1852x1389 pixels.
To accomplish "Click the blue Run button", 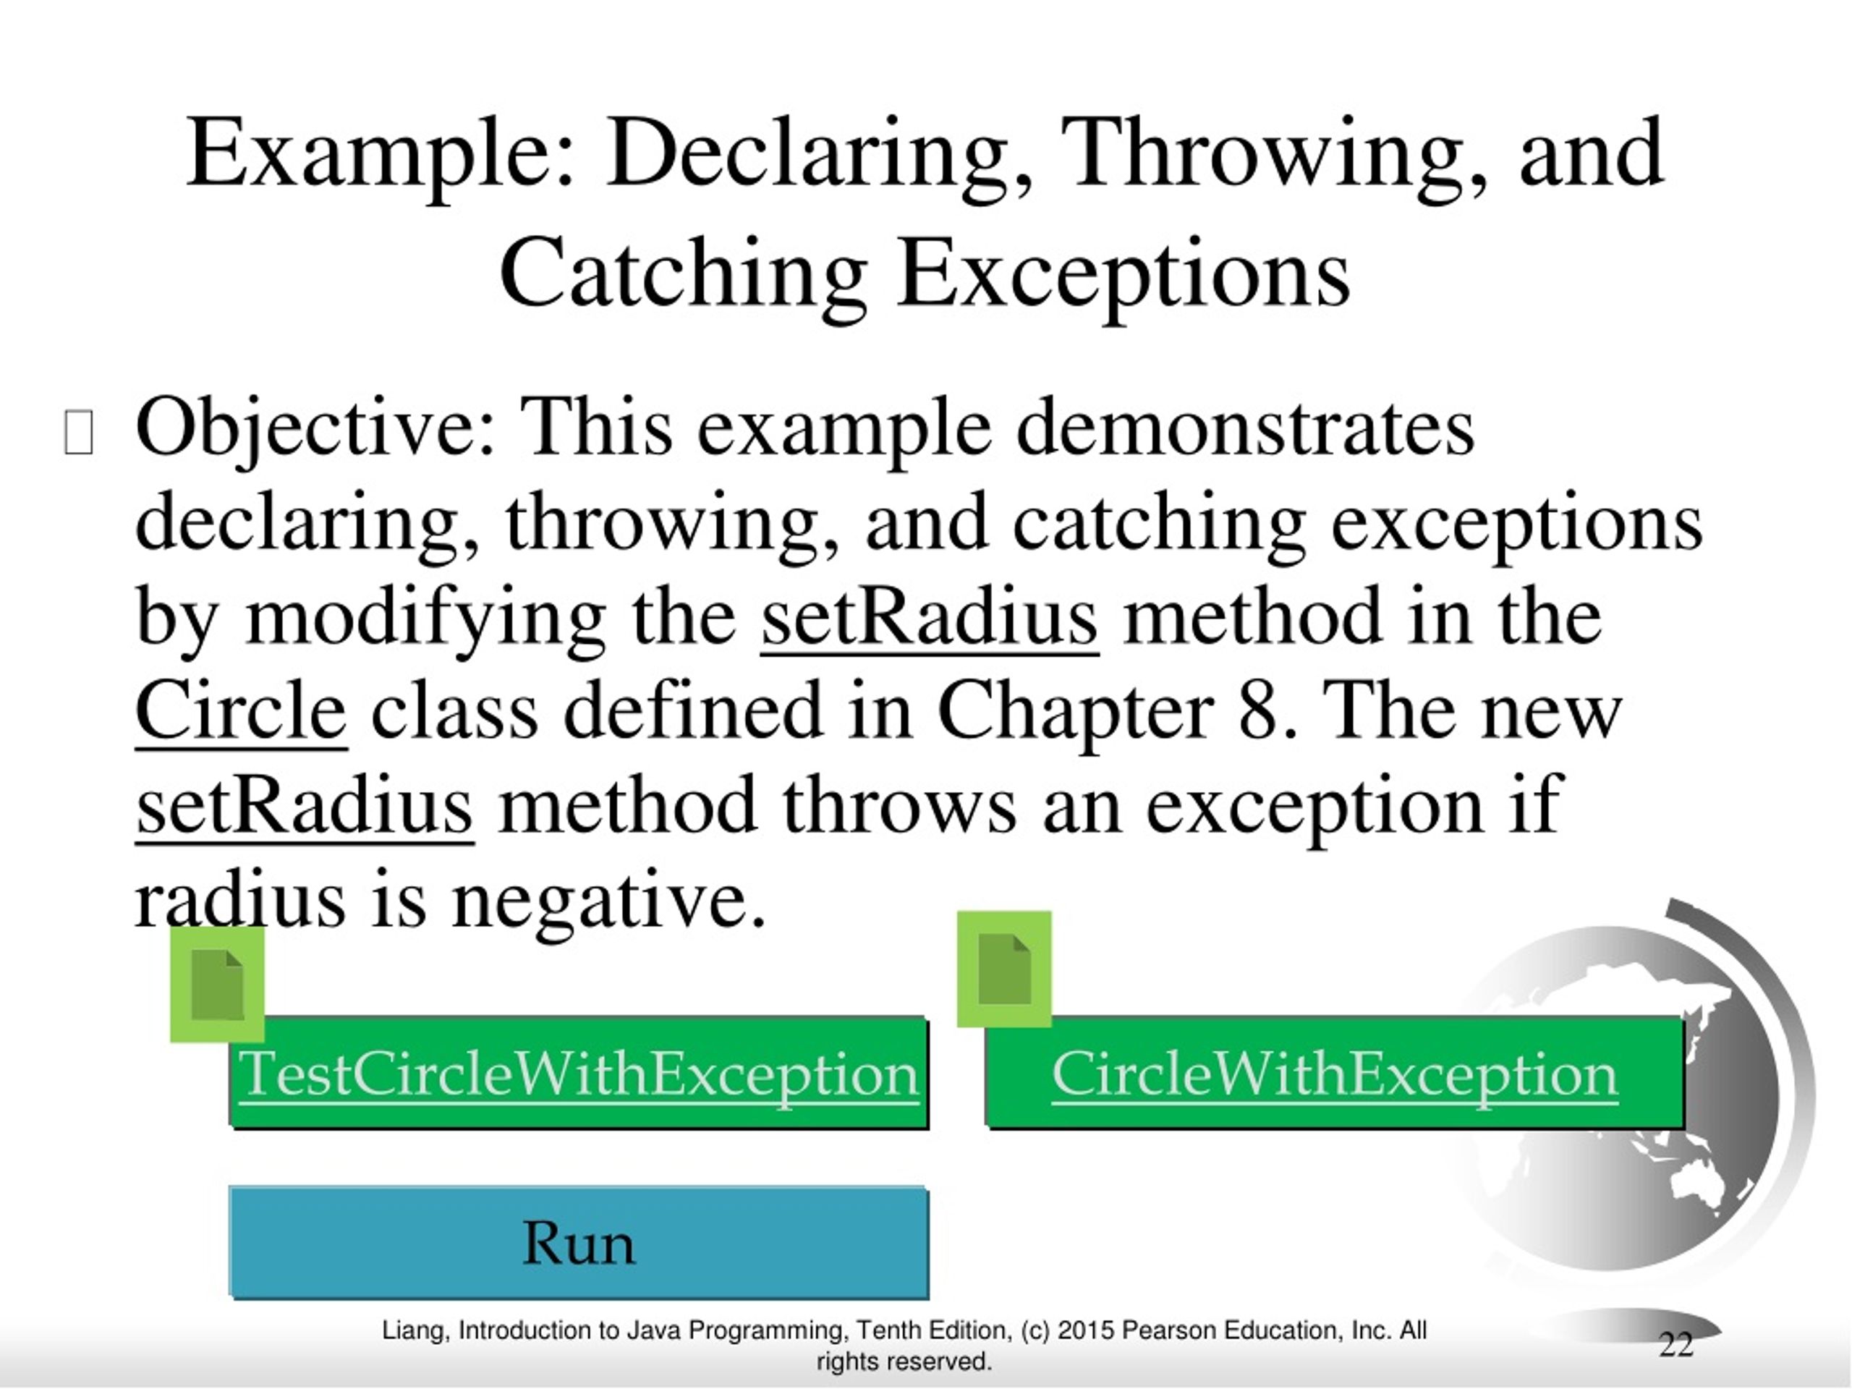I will point(578,1241).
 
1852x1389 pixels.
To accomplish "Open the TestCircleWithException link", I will point(578,1074).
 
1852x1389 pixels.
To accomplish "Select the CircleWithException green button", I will point(1335,1074).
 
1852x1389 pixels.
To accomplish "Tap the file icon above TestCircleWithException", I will point(217,985).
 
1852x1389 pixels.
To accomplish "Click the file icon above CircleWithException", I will point(1004,969).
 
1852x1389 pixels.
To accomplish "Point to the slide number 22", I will point(1675,1344).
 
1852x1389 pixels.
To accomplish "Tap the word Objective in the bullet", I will point(314,429).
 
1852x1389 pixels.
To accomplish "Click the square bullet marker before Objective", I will point(78,432).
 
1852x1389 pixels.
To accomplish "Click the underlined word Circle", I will point(240,712).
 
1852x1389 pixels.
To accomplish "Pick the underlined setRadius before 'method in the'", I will point(930,618).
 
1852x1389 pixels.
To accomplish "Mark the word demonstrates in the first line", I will point(1245,429).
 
